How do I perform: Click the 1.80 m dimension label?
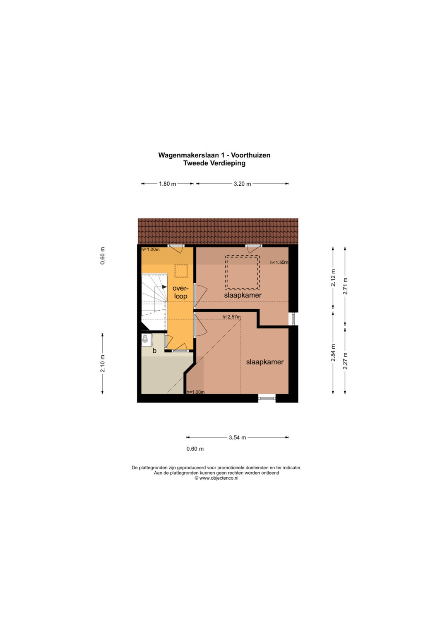pos(167,184)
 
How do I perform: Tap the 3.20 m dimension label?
pos(242,184)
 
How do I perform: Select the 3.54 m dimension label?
pos(237,437)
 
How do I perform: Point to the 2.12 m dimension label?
pos(333,278)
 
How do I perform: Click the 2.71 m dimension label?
pos(345,286)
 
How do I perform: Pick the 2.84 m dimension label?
pos(333,352)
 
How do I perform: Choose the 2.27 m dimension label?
pos(345,361)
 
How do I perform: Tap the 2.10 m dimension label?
pos(103,364)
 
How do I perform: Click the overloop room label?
pos(180,292)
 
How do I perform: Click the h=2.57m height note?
pos(231,317)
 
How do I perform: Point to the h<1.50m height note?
pos(279,262)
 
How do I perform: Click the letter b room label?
pos(154,351)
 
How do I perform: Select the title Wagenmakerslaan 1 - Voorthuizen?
pos(214,155)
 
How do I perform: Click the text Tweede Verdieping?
pos(214,163)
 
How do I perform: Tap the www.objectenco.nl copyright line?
pos(216,478)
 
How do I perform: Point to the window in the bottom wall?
pos(267,398)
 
